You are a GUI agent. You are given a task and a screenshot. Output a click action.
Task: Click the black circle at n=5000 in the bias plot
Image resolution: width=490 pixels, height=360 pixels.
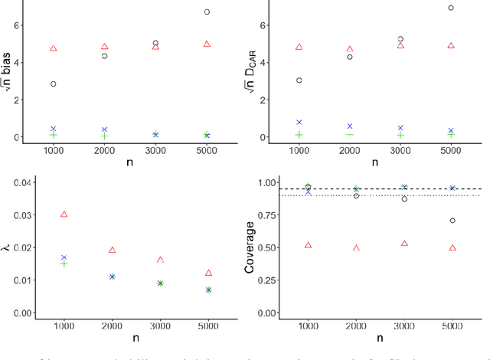tap(207, 11)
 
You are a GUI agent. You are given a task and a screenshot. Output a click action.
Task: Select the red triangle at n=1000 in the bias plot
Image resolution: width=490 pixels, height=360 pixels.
tap(54, 48)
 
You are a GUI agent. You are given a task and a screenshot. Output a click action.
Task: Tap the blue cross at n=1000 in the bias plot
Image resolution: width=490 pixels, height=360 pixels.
tap(54, 129)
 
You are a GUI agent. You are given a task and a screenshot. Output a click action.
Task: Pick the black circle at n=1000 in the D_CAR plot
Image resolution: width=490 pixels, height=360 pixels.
tap(299, 80)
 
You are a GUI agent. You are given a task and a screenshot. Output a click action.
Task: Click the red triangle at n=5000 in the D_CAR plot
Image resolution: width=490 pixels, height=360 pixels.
tap(451, 46)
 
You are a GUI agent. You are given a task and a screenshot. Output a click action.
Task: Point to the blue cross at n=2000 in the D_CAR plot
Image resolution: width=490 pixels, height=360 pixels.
tap(350, 126)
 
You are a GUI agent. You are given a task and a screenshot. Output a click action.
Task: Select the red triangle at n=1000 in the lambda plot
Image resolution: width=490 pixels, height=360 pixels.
tap(64, 214)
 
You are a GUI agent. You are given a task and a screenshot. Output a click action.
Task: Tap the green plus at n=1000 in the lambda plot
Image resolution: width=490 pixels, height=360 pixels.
tap(64, 263)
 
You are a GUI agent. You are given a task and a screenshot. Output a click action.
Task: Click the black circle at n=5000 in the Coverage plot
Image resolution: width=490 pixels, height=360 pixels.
tap(452, 221)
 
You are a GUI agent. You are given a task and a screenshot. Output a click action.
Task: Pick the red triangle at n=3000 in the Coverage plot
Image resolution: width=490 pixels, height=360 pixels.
tap(404, 244)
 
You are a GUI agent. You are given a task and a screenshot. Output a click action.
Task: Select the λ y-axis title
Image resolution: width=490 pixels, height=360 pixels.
tap(7, 247)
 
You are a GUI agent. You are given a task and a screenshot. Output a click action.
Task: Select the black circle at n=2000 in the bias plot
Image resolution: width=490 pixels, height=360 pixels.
tap(105, 56)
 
